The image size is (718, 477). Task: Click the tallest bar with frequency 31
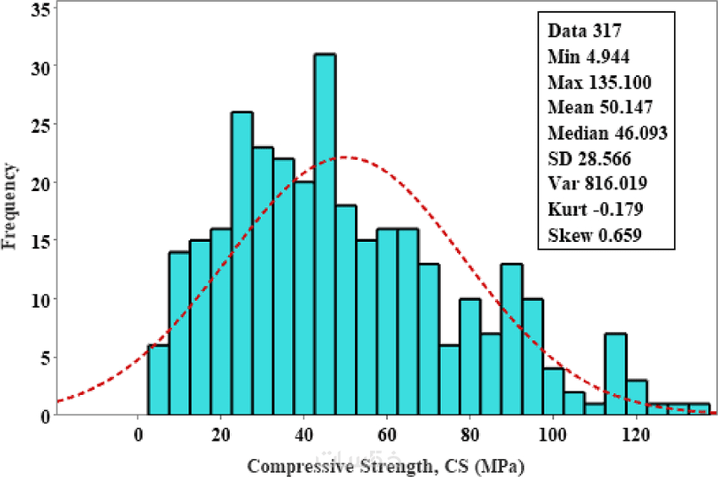coord(325,234)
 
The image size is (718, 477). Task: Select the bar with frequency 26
coord(242,263)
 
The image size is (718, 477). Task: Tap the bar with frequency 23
coord(263,281)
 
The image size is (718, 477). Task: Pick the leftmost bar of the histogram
coord(159,380)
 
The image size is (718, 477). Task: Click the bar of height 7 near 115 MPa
coord(616,375)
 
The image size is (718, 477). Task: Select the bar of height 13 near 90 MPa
coord(512,339)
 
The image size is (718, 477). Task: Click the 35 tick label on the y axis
coord(41,9)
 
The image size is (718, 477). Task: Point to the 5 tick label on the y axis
coord(46,358)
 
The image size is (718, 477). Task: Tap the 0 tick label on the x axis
coord(138,434)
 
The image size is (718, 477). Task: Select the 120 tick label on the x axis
coord(636,434)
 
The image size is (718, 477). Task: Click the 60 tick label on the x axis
coord(387,434)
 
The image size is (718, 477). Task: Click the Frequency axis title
coord(9,206)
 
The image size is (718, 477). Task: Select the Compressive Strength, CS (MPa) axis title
coord(385,467)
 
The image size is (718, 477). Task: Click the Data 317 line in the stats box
coord(585,30)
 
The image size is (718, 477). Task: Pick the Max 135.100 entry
coord(600,83)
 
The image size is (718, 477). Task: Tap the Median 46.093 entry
coord(607,133)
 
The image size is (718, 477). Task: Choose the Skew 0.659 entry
coord(595,235)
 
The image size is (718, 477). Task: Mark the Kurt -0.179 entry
coord(596,209)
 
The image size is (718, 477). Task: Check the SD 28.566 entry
coord(590,159)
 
